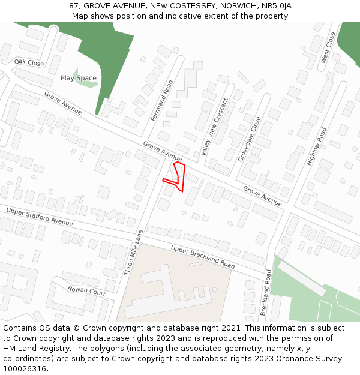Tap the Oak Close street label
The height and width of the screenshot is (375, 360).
tap(29, 62)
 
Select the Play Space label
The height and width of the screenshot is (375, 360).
tap(79, 78)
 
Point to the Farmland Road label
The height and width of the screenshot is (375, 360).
tap(162, 101)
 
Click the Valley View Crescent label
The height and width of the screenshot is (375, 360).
tap(215, 127)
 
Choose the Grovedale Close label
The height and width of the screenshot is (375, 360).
tap(250, 139)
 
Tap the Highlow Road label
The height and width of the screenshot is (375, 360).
tap(317, 146)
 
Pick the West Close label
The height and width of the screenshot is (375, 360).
tap(327, 48)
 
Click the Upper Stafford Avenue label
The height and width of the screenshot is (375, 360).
tap(39, 216)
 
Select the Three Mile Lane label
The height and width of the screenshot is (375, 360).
tap(134, 253)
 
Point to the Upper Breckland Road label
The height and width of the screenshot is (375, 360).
tap(203, 257)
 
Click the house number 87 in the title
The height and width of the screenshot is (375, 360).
tap(74, 6)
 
